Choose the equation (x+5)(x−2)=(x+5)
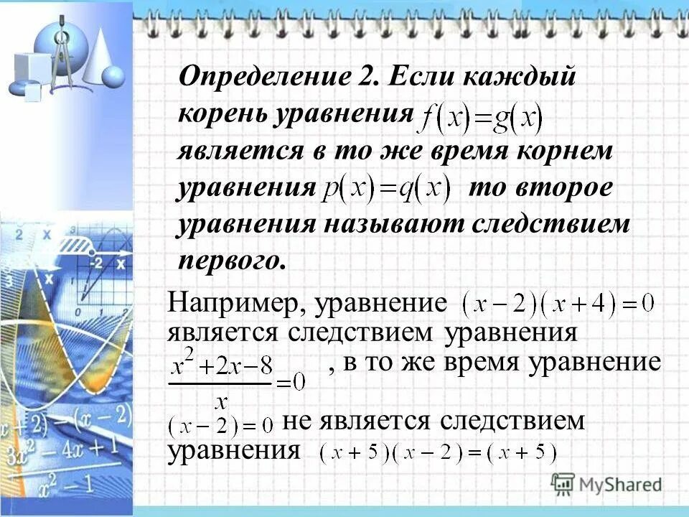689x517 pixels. [x=439, y=453]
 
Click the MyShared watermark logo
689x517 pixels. [x=606, y=483]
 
